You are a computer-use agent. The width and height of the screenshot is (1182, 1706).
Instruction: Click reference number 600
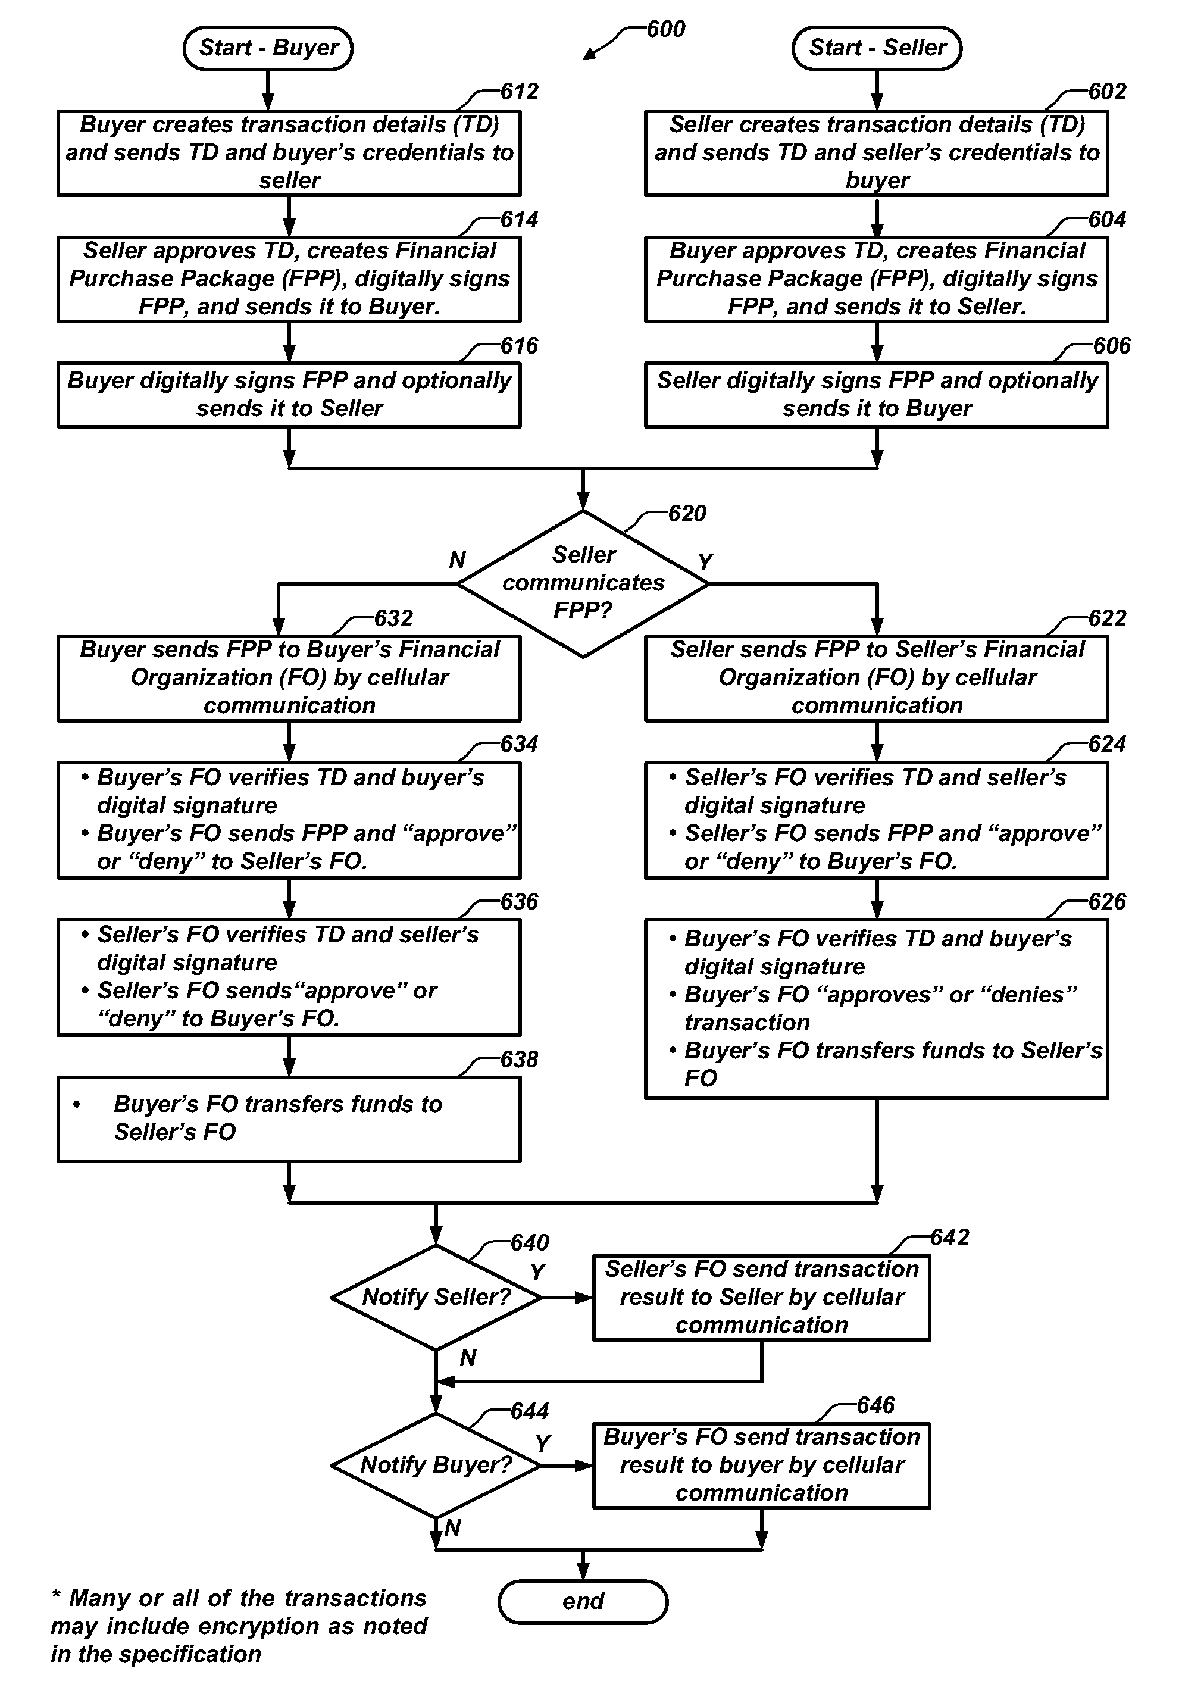(666, 29)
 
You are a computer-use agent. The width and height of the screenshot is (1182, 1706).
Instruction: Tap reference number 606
(1112, 346)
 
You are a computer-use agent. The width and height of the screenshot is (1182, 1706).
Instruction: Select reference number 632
(393, 618)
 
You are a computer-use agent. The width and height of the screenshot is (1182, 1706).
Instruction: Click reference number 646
(875, 1405)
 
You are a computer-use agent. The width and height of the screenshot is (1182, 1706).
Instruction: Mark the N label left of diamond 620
(457, 560)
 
